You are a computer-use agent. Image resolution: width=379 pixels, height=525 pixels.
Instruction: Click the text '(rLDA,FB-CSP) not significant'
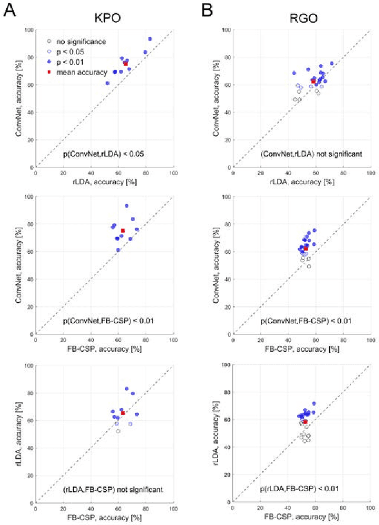point(104,490)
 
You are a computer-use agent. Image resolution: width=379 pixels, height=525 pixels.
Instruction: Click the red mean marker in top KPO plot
point(126,63)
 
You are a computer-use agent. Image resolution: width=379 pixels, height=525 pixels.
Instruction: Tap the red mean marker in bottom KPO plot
point(123,413)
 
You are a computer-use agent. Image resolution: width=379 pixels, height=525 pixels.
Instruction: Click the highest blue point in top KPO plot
point(150,39)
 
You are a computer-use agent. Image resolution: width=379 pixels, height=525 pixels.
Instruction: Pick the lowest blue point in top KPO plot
point(107,83)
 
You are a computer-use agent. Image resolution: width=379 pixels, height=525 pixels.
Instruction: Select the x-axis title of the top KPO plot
point(104,181)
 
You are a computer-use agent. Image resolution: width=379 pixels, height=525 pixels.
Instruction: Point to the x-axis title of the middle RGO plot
point(301,349)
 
